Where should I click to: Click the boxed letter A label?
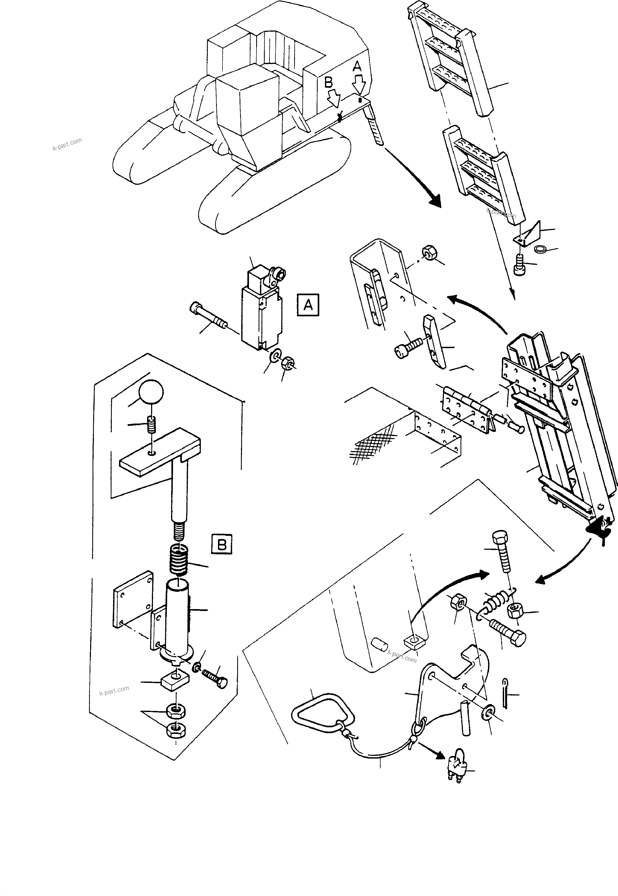click(x=308, y=305)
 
